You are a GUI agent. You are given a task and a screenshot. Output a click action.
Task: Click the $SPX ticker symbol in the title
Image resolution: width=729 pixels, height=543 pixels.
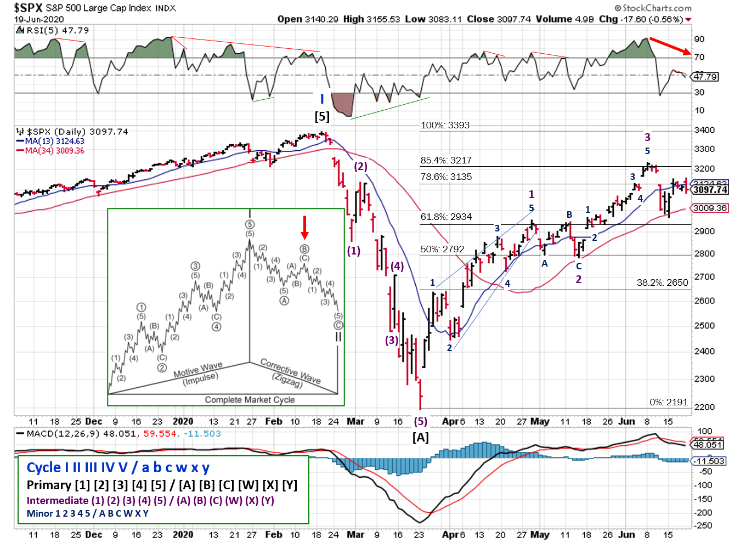pos(28,8)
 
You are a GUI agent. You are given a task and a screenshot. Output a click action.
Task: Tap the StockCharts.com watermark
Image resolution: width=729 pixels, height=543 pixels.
pos(653,8)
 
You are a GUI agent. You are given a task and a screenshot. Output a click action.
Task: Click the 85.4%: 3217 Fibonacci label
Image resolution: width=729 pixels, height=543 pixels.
pos(445,161)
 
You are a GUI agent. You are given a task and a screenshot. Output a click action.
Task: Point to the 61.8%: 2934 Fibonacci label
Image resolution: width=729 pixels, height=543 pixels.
pos(445,217)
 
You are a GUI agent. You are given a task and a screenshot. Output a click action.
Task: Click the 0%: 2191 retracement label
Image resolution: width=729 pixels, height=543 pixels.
pos(669,403)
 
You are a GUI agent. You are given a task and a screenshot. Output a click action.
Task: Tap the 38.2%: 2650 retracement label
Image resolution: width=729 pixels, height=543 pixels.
pos(662,283)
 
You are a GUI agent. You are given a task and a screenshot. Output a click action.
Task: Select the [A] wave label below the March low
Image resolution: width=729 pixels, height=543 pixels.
pos(420,438)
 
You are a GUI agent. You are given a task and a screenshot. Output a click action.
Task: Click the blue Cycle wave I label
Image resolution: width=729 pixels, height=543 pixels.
pos(322,99)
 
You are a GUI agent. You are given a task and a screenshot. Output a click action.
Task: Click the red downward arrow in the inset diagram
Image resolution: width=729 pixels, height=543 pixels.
pos(305,227)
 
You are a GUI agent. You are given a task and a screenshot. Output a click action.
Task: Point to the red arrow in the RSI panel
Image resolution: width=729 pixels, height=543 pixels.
pos(670,46)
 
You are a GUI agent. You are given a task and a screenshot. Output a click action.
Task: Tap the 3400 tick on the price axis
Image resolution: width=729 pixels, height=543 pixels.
pos(704,131)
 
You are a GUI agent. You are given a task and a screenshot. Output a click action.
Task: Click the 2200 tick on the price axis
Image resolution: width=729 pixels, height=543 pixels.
pos(704,407)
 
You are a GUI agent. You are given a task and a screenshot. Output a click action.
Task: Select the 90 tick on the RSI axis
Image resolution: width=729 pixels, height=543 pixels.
pos(699,39)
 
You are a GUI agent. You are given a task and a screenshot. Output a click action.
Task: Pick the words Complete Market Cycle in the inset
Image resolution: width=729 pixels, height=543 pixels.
pos(250,400)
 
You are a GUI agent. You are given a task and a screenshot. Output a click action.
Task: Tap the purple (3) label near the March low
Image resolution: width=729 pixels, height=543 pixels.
pos(391,340)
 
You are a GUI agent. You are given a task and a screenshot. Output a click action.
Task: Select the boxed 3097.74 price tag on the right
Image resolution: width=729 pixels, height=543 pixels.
pos(710,190)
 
